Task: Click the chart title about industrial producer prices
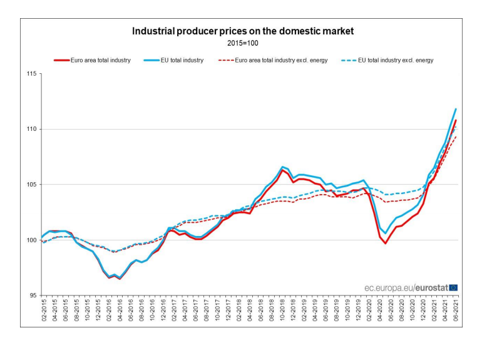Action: coord(242,31)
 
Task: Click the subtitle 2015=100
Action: coord(242,44)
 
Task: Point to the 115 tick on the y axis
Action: coord(29,74)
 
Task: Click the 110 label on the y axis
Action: coord(29,130)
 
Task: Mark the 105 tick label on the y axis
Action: coord(29,185)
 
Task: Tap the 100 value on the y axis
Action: coord(29,240)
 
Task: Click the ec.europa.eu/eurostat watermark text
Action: coord(406,287)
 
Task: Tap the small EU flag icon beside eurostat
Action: coord(454,287)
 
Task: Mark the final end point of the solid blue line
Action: coord(456,109)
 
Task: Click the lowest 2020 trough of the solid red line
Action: coord(386,243)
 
